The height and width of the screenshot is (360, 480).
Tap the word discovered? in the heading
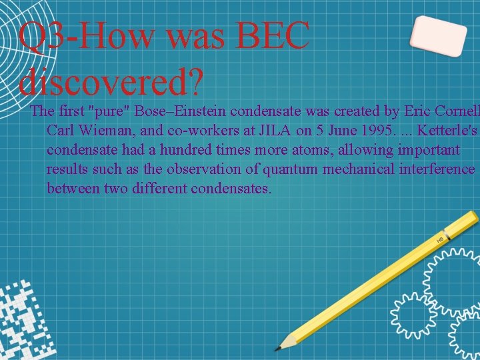click(x=111, y=81)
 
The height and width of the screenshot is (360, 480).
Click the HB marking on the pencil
click(x=440, y=239)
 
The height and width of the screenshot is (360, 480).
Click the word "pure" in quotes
click(x=109, y=111)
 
